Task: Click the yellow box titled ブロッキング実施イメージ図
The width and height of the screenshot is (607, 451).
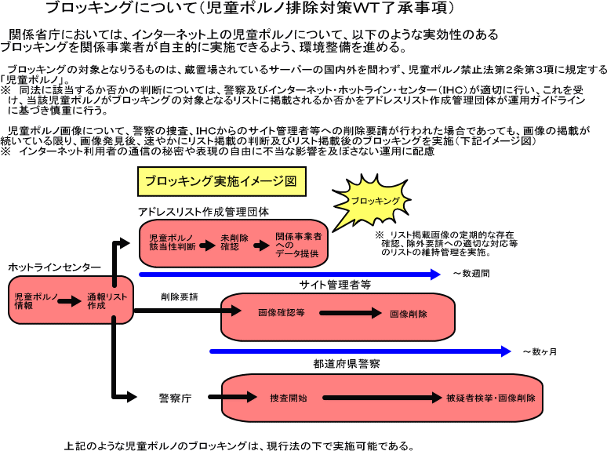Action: [221, 180]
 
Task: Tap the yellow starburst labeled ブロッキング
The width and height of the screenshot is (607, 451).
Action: [373, 201]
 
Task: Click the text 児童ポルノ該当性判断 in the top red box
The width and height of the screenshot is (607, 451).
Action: [172, 242]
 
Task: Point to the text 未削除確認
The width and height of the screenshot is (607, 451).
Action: [230, 242]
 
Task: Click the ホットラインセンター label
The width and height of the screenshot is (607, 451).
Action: [54, 267]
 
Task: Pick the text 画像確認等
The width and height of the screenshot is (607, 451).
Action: [282, 313]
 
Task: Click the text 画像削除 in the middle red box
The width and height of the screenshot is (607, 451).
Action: [409, 313]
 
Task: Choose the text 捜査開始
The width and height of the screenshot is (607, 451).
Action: [288, 397]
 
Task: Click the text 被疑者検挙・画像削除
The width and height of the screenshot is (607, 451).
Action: [491, 397]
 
